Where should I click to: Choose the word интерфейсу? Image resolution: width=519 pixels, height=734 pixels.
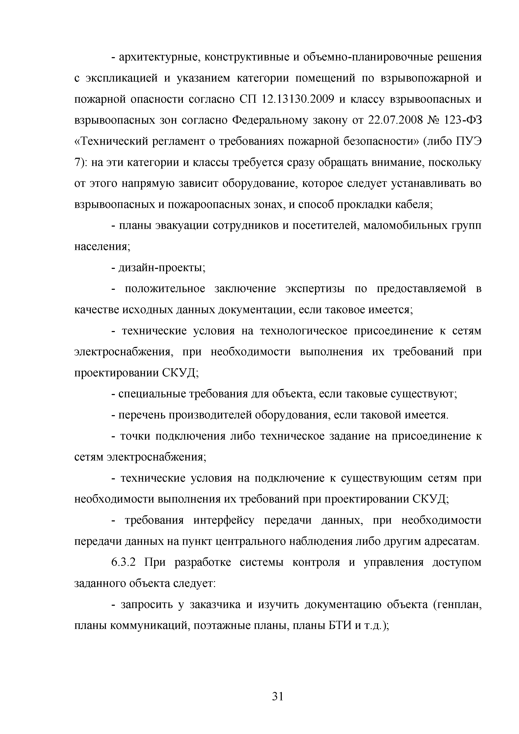click(224, 520)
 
